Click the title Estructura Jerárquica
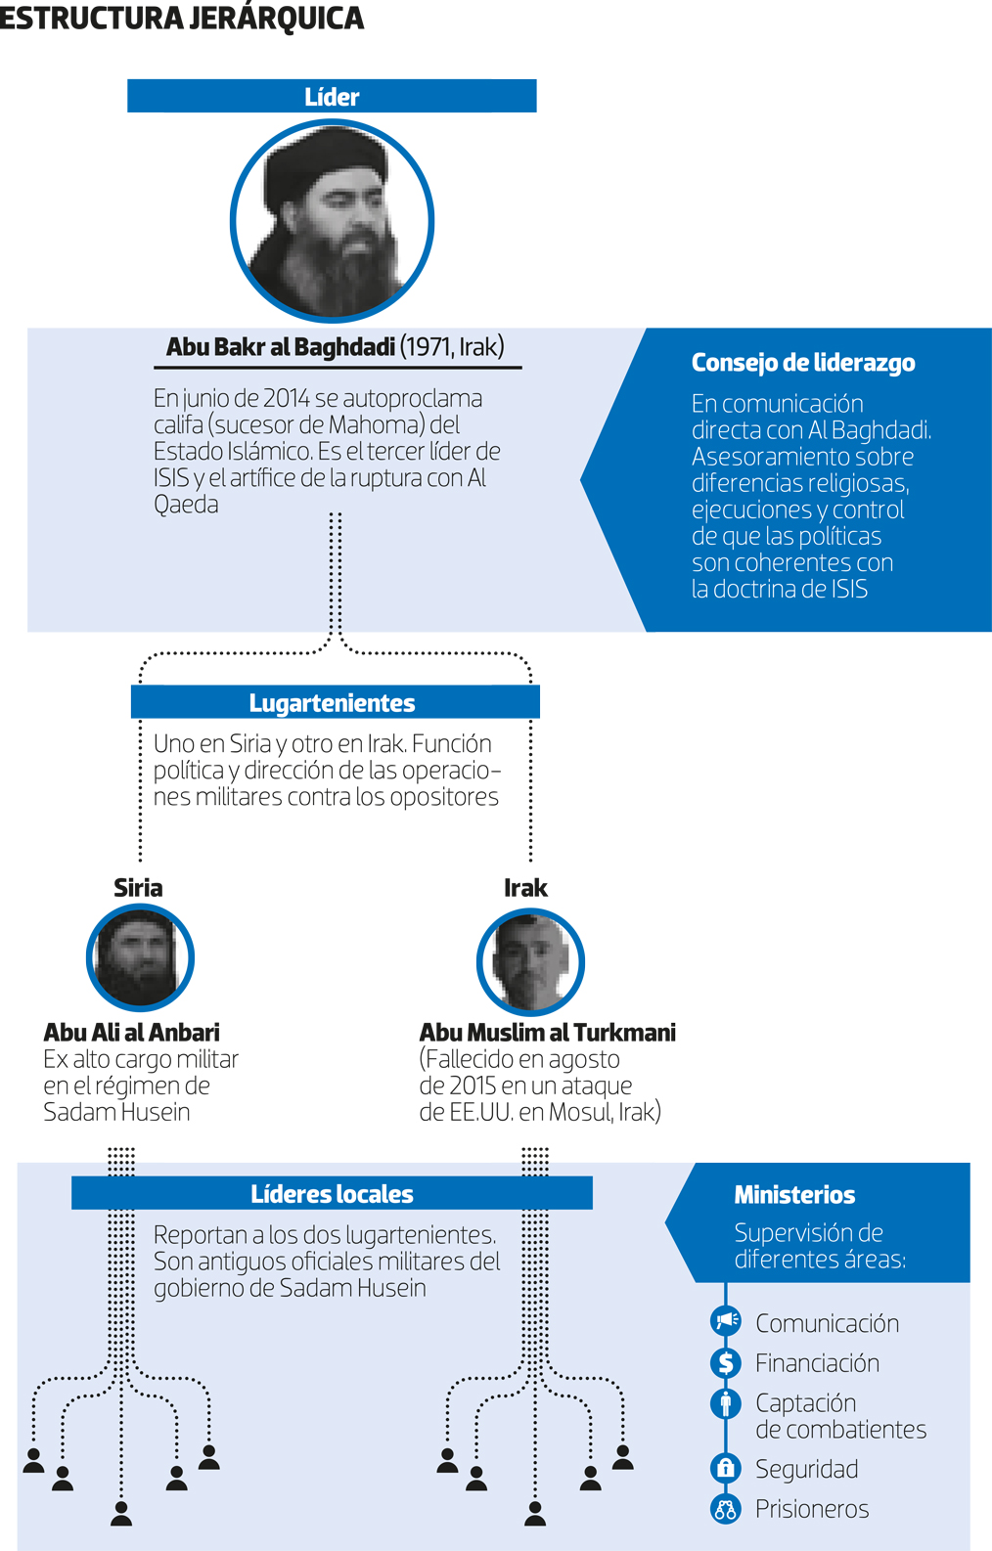pyautogui.click(x=182, y=18)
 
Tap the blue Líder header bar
pyautogui.click(x=332, y=96)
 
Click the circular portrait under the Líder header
pyautogui.click(x=332, y=221)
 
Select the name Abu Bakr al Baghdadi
pyautogui.click(x=281, y=346)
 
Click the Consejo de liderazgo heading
pyautogui.click(x=803, y=363)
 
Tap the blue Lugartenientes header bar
pyautogui.click(x=336, y=701)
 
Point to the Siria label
pyautogui.click(x=138, y=888)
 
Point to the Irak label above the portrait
pyautogui.click(x=525, y=888)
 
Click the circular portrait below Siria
pyautogui.click(x=140, y=957)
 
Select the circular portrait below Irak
pyautogui.click(x=530, y=961)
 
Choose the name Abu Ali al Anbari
pyautogui.click(x=132, y=1033)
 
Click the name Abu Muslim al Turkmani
pyautogui.click(x=547, y=1033)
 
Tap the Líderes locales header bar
pyautogui.click(x=332, y=1193)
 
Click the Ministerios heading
pyautogui.click(x=794, y=1194)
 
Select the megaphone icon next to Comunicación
pyautogui.click(x=726, y=1320)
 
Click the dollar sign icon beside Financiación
pyautogui.click(x=726, y=1362)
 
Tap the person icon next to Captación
pyautogui.click(x=726, y=1402)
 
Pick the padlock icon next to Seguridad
pyautogui.click(x=726, y=1467)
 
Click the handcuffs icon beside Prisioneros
pyautogui.click(x=726, y=1508)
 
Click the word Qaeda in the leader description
pyautogui.click(x=186, y=505)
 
